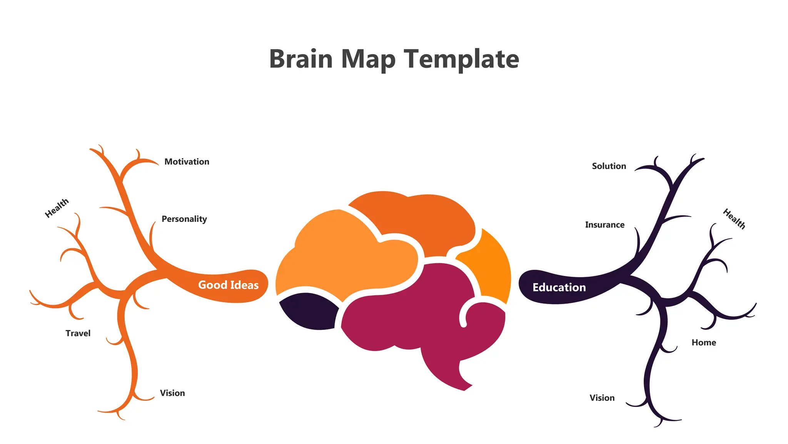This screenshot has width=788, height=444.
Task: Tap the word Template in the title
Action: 461,60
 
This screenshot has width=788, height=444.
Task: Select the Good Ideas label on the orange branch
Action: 228,285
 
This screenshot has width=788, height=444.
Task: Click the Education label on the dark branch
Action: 559,288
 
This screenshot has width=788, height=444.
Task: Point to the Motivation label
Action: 187,162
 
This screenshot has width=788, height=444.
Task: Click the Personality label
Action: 184,219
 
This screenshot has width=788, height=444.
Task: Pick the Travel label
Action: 78,333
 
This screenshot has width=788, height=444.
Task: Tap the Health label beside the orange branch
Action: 57,208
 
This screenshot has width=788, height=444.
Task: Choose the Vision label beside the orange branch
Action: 172,393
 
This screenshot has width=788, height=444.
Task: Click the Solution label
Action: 609,166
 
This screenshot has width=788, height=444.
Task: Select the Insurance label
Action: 604,225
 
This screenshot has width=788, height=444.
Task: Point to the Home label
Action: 704,343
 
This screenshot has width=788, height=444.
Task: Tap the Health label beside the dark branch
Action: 734,219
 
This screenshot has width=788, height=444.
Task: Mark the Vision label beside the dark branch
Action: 602,398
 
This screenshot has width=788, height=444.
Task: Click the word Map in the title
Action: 368,60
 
